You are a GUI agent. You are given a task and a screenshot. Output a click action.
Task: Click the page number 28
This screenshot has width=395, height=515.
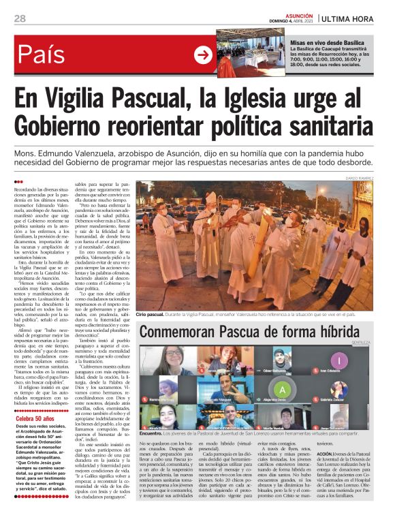click(19, 18)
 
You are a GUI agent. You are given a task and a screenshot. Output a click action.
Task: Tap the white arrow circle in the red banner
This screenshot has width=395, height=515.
click(203, 55)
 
